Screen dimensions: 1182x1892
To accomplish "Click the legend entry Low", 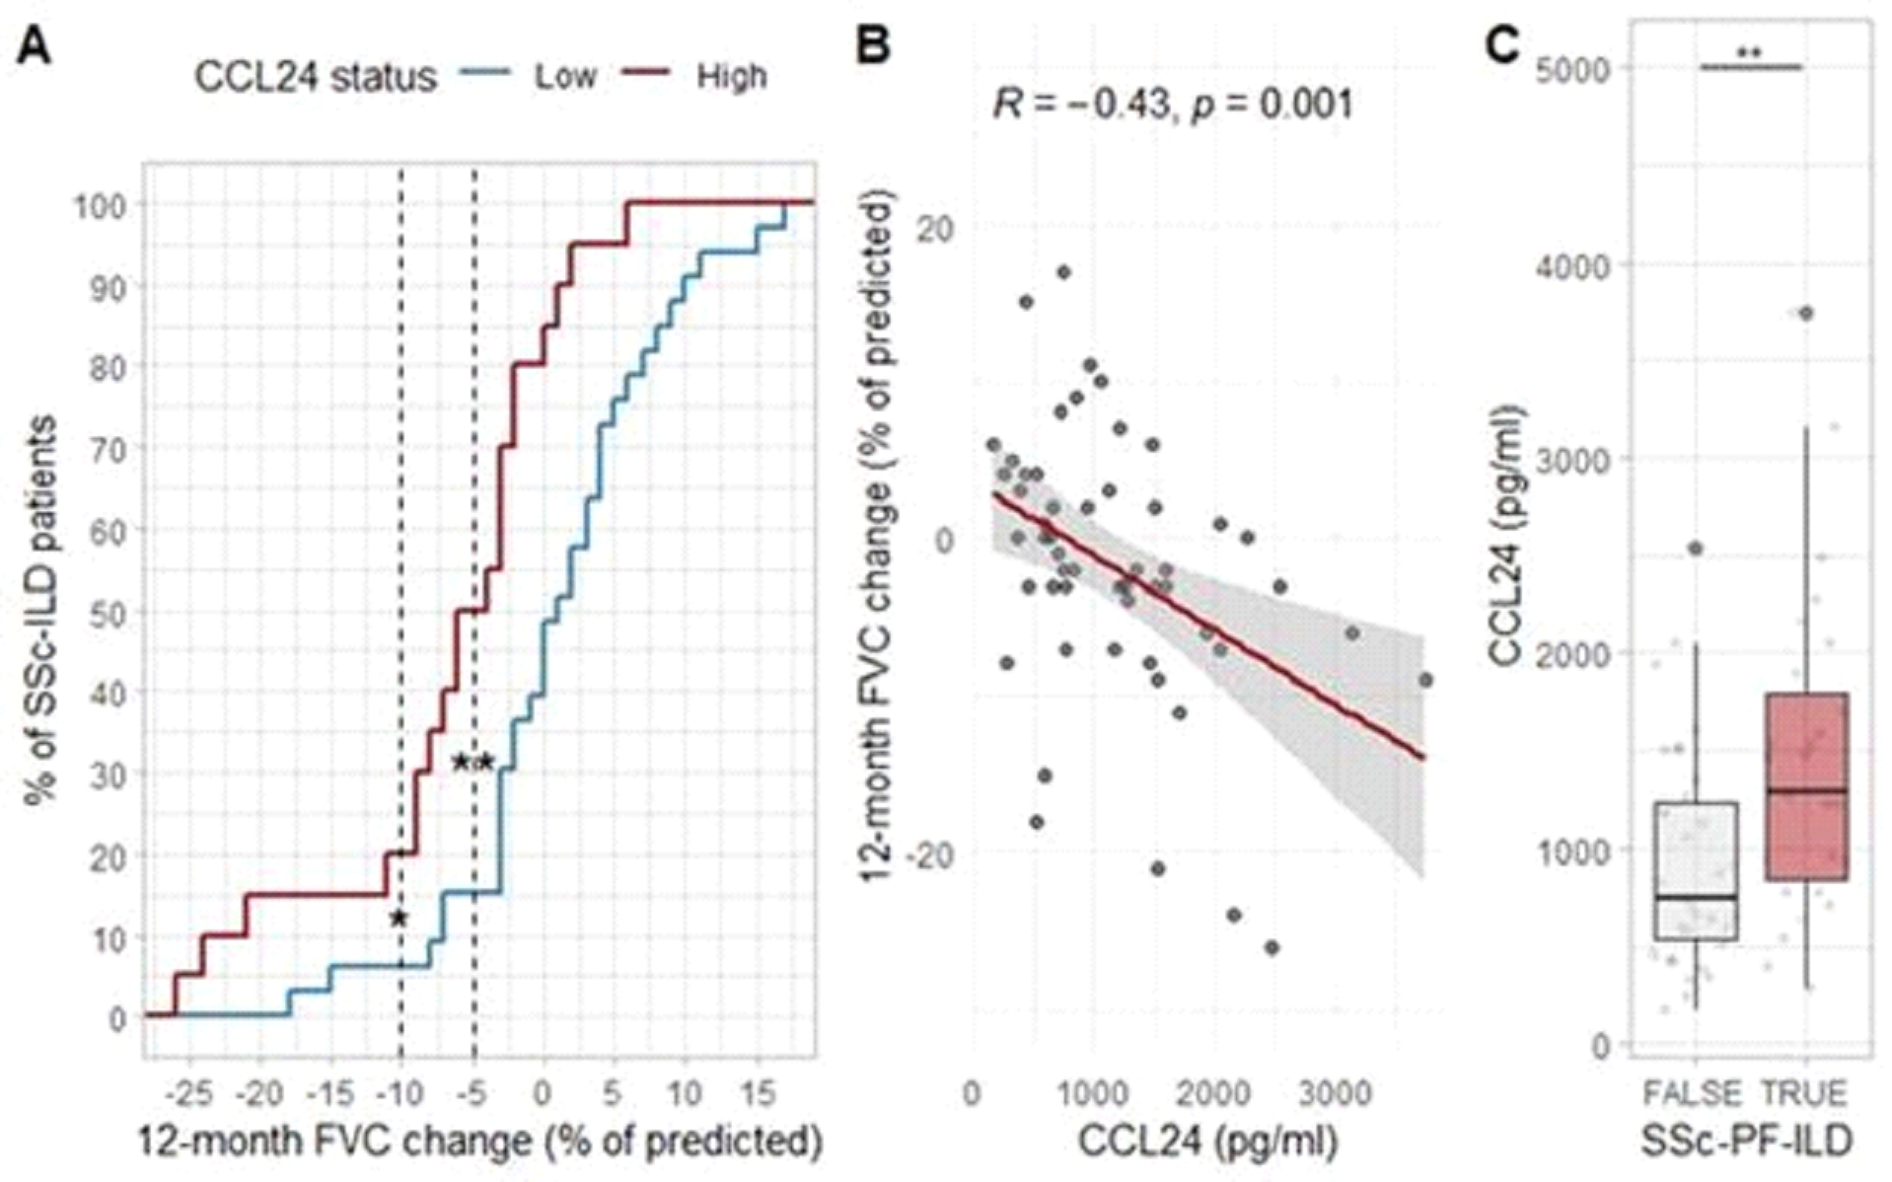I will [565, 77].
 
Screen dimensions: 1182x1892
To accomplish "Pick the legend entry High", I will [731, 77].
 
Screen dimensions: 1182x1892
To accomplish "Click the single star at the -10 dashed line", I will [399, 919].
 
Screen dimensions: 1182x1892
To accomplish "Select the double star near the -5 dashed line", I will [473, 763].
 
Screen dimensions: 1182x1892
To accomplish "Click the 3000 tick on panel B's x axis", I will [1335, 1093].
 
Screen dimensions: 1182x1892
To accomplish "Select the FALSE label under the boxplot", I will [1693, 1093].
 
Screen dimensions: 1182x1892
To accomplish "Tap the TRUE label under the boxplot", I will [1804, 1093].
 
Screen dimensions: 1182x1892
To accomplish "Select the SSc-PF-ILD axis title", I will [1746, 1141].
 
